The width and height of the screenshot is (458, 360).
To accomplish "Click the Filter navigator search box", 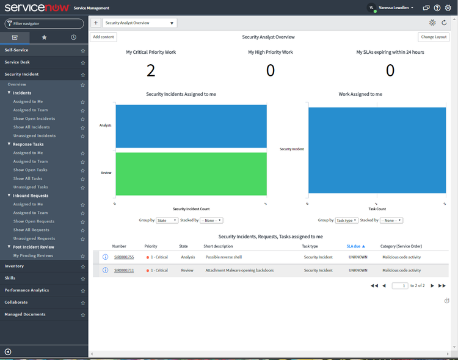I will coord(44,24).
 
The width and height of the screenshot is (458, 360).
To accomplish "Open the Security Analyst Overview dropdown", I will coord(139,23).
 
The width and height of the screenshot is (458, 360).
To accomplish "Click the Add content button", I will coord(103,37).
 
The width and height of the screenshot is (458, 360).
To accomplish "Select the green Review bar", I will coord(191,173).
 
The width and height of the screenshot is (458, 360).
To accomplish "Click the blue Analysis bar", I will coord(191,126).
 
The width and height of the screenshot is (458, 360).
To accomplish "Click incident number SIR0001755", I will coord(124,257).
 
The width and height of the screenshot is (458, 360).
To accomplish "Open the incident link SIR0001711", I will coord(124,270).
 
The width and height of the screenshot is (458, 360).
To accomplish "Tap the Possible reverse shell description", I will coord(224,257).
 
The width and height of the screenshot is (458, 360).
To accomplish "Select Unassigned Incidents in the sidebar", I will coord(34,136).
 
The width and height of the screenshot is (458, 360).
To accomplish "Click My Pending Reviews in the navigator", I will coord(33,255).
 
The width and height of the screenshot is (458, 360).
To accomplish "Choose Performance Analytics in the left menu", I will coord(27,290).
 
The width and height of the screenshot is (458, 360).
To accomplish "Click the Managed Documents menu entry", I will coord(25,314).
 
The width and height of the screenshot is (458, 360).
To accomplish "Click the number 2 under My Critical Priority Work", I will coord(151,70).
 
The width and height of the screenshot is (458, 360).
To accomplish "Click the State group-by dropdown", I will coord(167,220).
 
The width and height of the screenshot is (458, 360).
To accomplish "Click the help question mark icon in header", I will coord(437,8).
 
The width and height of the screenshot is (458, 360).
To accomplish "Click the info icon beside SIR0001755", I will coord(105,257).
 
